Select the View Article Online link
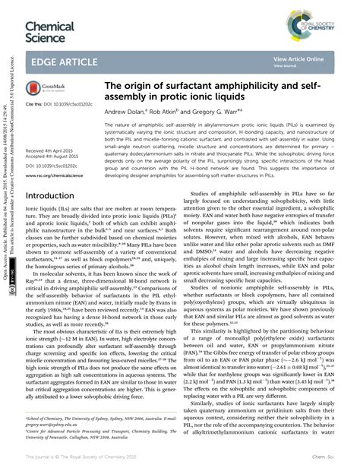click(298, 58)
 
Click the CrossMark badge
click(47, 90)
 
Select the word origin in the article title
click(141, 87)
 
